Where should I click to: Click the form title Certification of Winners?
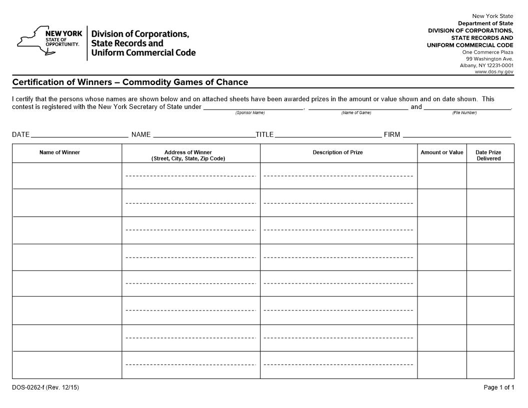(130, 82)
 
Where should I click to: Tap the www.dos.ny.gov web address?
(493, 71)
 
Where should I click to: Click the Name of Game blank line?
(358, 106)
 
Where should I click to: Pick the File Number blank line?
(467, 106)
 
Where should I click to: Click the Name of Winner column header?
(59, 152)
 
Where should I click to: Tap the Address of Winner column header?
(188, 155)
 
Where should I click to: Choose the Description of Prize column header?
(338, 152)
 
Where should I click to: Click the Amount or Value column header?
(442, 152)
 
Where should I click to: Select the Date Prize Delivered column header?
(488, 155)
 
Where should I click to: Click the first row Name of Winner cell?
(67, 176)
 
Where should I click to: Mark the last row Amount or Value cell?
(442, 365)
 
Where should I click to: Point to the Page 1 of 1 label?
(498, 387)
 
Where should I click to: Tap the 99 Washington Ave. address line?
(489, 58)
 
